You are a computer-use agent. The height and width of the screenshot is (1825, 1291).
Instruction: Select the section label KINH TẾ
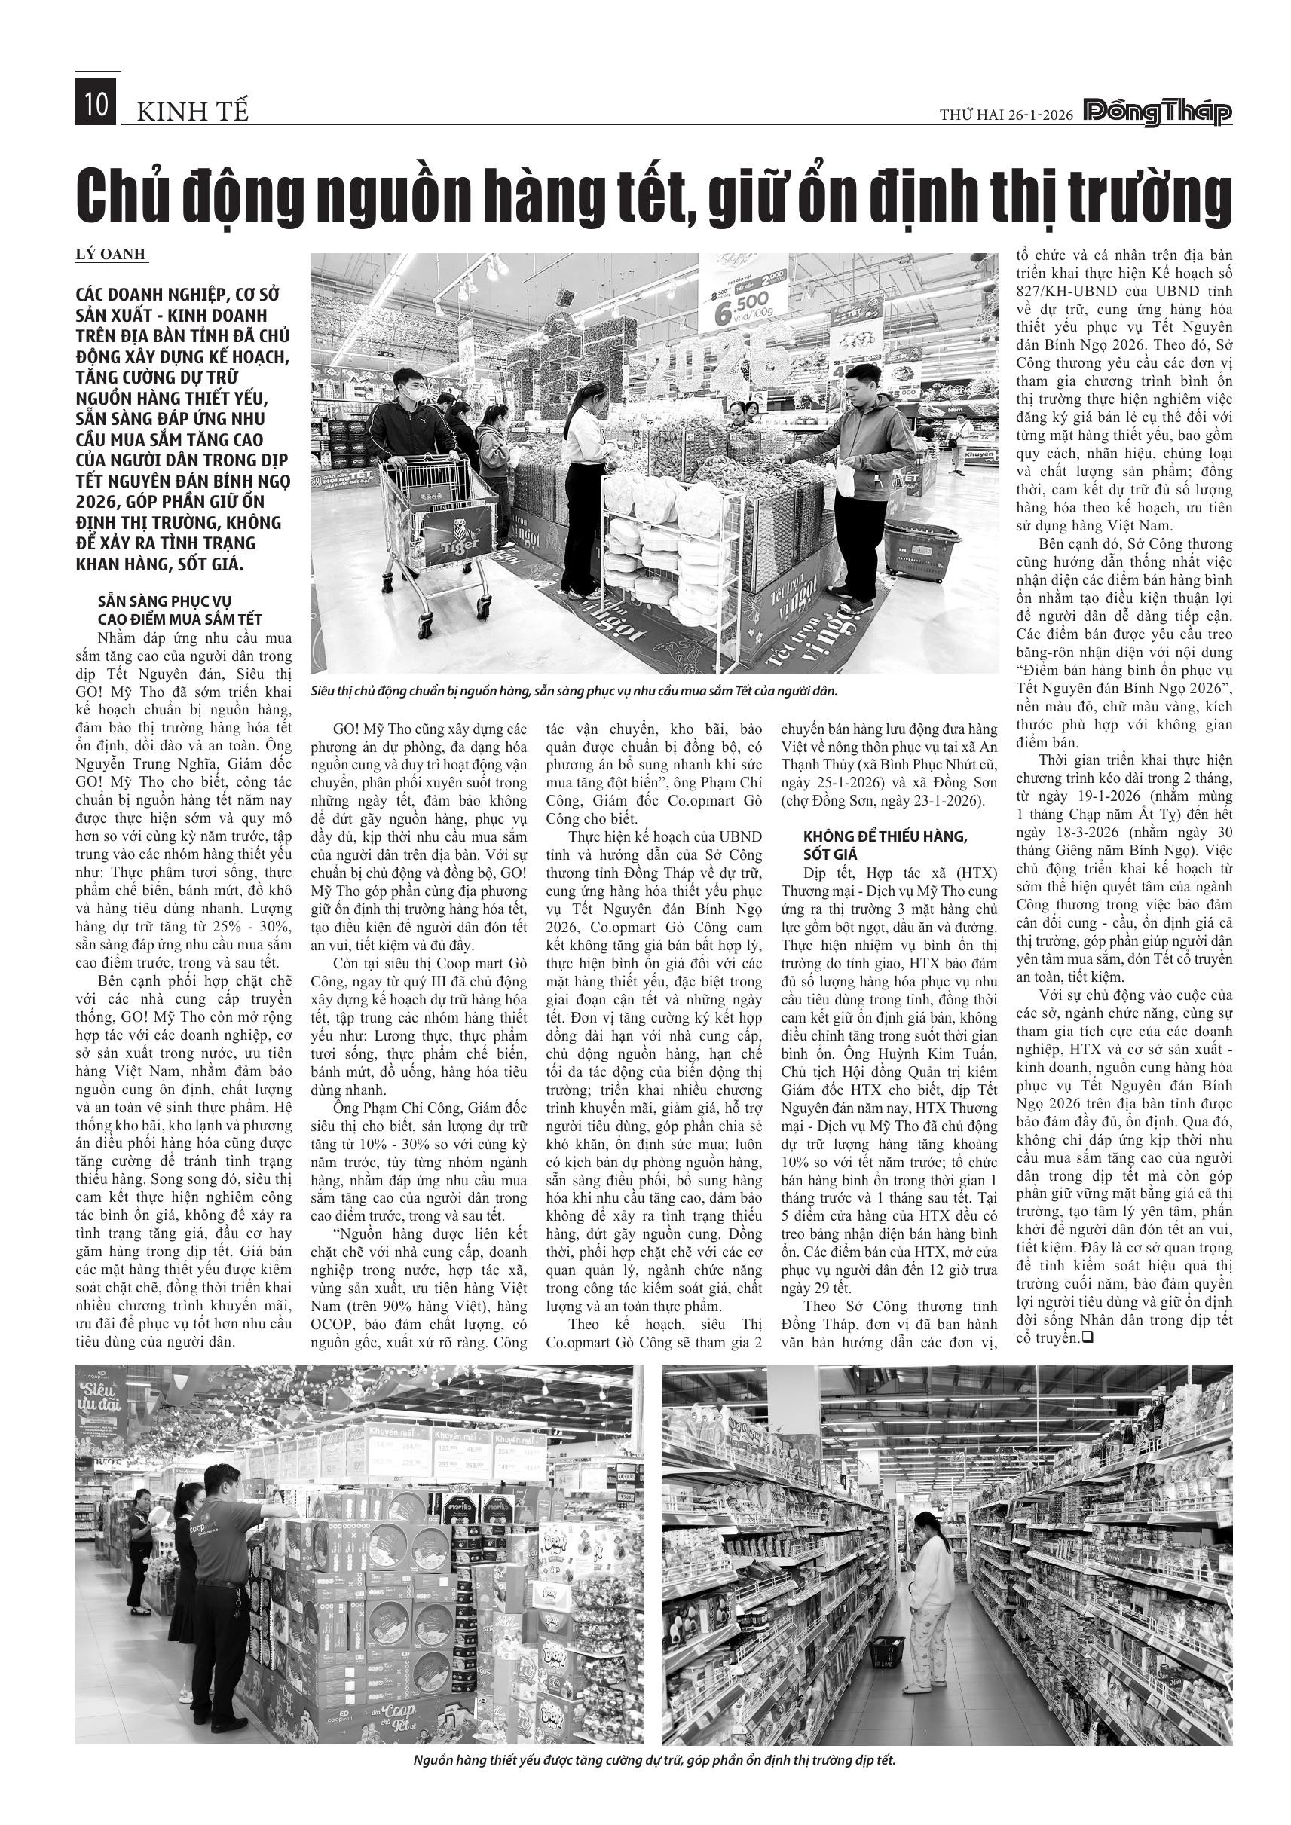(193, 113)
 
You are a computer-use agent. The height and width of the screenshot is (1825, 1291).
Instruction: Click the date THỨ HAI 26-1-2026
(1005, 115)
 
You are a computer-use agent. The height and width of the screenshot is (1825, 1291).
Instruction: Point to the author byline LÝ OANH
(111, 255)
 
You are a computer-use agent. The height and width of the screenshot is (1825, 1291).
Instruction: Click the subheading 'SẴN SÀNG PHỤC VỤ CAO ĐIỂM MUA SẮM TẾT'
(179, 610)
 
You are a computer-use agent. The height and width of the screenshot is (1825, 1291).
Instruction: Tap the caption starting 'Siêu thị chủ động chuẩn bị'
(574, 691)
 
